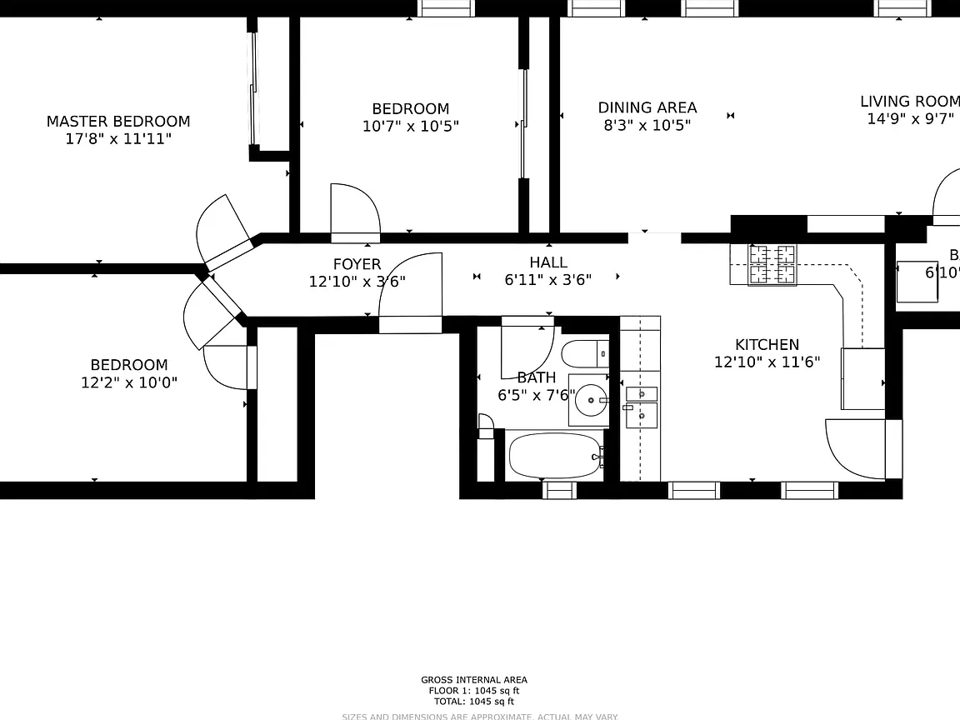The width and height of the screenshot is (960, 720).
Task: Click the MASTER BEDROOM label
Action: pyautogui.click(x=118, y=122)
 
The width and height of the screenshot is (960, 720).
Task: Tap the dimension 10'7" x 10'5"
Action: pyautogui.click(x=410, y=127)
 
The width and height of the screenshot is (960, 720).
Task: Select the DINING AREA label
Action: pyautogui.click(x=647, y=107)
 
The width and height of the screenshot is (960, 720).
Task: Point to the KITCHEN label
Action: pyautogui.click(x=767, y=344)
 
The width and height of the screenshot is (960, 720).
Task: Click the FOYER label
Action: pyautogui.click(x=357, y=265)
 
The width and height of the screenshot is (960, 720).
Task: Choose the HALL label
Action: pyautogui.click(x=548, y=262)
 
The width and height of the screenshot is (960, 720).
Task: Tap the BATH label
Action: pyautogui.click(x=536, y=377)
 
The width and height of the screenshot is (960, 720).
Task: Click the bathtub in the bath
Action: pyautogui.click(x=553, y=456)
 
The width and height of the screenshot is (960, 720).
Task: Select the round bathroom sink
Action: pyautogui.click(x=592, y=400)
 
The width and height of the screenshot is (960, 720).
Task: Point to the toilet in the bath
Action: pyautogui.click(x=585, y=354)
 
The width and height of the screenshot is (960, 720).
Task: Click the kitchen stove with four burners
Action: pyautogui.click(x=772, y=265)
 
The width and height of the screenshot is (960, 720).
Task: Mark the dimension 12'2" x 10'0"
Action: pyautogui.click(x=129, y=382)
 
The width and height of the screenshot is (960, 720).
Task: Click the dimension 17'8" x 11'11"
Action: pyautogui.click(x=118, y=138)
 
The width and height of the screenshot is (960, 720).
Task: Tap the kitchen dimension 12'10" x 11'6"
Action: pyautogui.click(x=767, y=362)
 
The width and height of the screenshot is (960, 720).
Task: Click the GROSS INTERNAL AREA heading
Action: pyautogui.click(x=474, y=680)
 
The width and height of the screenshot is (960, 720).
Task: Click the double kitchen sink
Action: pyautogui.click(x=641, y=403)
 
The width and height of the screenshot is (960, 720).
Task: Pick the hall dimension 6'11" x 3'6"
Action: pyautogui.click(x=548, y=280)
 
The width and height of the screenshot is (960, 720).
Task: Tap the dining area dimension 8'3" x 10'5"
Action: pyautogui.click(x=647, y=125)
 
